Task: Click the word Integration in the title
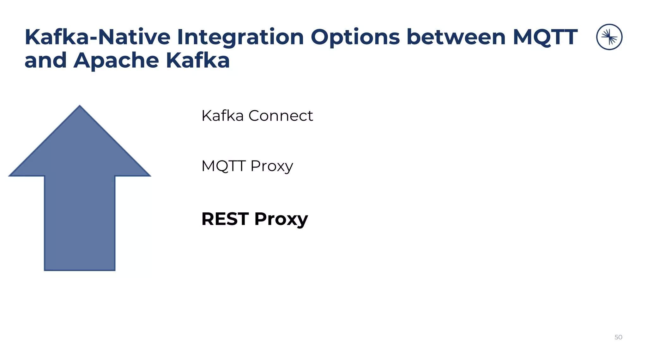(x=240, y=37)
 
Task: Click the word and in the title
(x=45, y=60)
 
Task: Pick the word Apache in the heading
(x=116, y=61)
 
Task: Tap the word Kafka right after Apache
(x=198, y=60)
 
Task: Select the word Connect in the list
(x=281, y=116)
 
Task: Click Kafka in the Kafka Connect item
(x=222, y=116)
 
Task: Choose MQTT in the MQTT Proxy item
(x=223, y=166)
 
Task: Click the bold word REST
(x=225, y=219)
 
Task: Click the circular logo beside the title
(x=609, y=37)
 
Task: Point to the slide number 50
(x=618, y=337)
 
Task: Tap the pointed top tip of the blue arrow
(x=80, y=106)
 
